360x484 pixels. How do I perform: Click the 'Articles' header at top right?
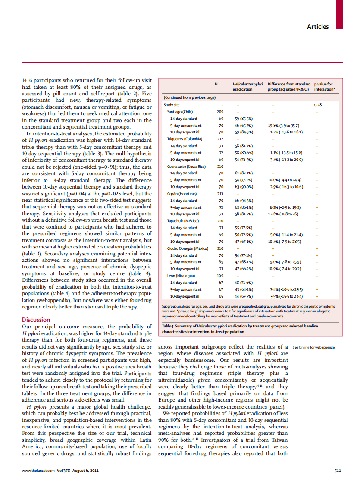317,27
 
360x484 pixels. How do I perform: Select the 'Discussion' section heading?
36,320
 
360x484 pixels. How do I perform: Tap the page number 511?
338,470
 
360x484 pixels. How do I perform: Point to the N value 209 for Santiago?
220,111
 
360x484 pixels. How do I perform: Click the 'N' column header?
216,84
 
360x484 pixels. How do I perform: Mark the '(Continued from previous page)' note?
189,97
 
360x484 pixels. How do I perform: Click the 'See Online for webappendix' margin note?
314,347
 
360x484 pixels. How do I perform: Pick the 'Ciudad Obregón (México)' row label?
188,248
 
